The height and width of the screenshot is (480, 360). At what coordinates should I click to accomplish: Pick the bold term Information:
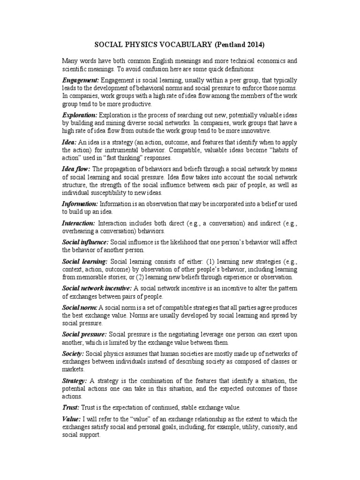(80, 204)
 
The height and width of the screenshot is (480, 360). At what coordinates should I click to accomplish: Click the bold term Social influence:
(85, 242)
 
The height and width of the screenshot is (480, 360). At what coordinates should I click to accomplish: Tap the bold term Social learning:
(85, 260)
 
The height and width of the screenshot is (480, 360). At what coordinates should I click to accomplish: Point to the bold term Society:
(73, 353)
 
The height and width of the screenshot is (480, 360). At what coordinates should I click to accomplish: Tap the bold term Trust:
(71, 407)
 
